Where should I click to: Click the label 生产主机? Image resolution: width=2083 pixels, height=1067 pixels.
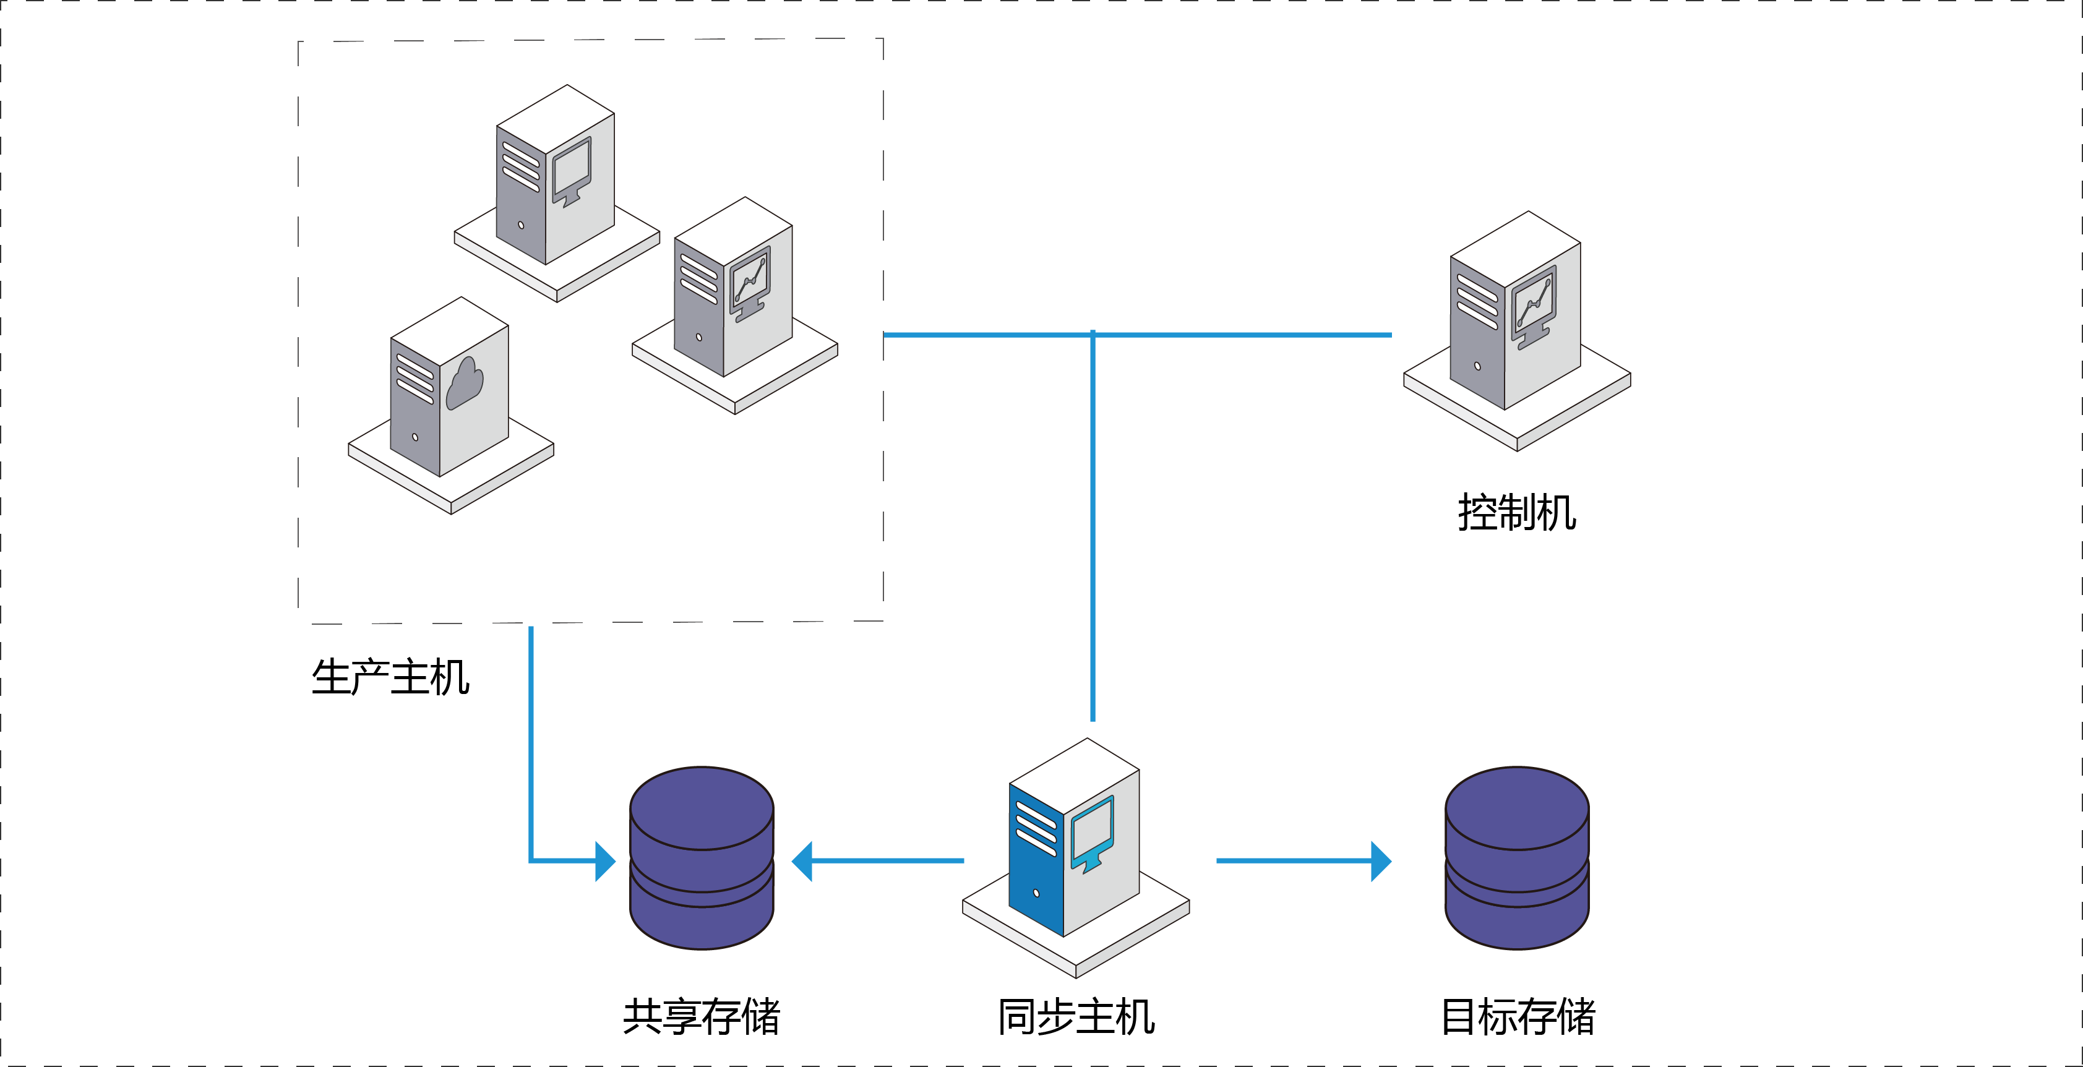(390, 677)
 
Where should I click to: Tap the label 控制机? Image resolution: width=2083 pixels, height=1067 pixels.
(1517, 513)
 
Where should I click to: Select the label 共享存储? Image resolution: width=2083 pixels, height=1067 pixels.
(702, 1016)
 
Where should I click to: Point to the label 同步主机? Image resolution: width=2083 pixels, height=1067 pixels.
(1076, 1016)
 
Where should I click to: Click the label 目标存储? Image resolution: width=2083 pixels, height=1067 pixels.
(1518, 1016)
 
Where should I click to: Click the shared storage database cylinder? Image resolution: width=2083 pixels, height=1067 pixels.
(702, 858)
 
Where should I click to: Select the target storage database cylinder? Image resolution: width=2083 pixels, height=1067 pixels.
(1517, 858)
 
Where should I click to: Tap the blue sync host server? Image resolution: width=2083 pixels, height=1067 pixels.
(1075, 857)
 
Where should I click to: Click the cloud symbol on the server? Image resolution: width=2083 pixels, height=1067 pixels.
(465, 383)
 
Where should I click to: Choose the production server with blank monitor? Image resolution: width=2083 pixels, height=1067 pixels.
(557, 193)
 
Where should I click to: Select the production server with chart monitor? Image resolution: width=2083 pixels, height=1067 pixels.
(735, 306)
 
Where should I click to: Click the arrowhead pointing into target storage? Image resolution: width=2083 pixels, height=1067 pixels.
(1381, 861)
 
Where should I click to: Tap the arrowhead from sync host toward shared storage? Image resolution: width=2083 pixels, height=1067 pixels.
(801, 861)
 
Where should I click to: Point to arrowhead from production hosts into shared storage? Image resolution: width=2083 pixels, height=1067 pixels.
(606, 861)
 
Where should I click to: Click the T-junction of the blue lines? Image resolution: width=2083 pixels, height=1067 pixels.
(1093, 335)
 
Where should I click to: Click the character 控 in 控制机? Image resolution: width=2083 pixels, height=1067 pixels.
(1477, 513)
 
